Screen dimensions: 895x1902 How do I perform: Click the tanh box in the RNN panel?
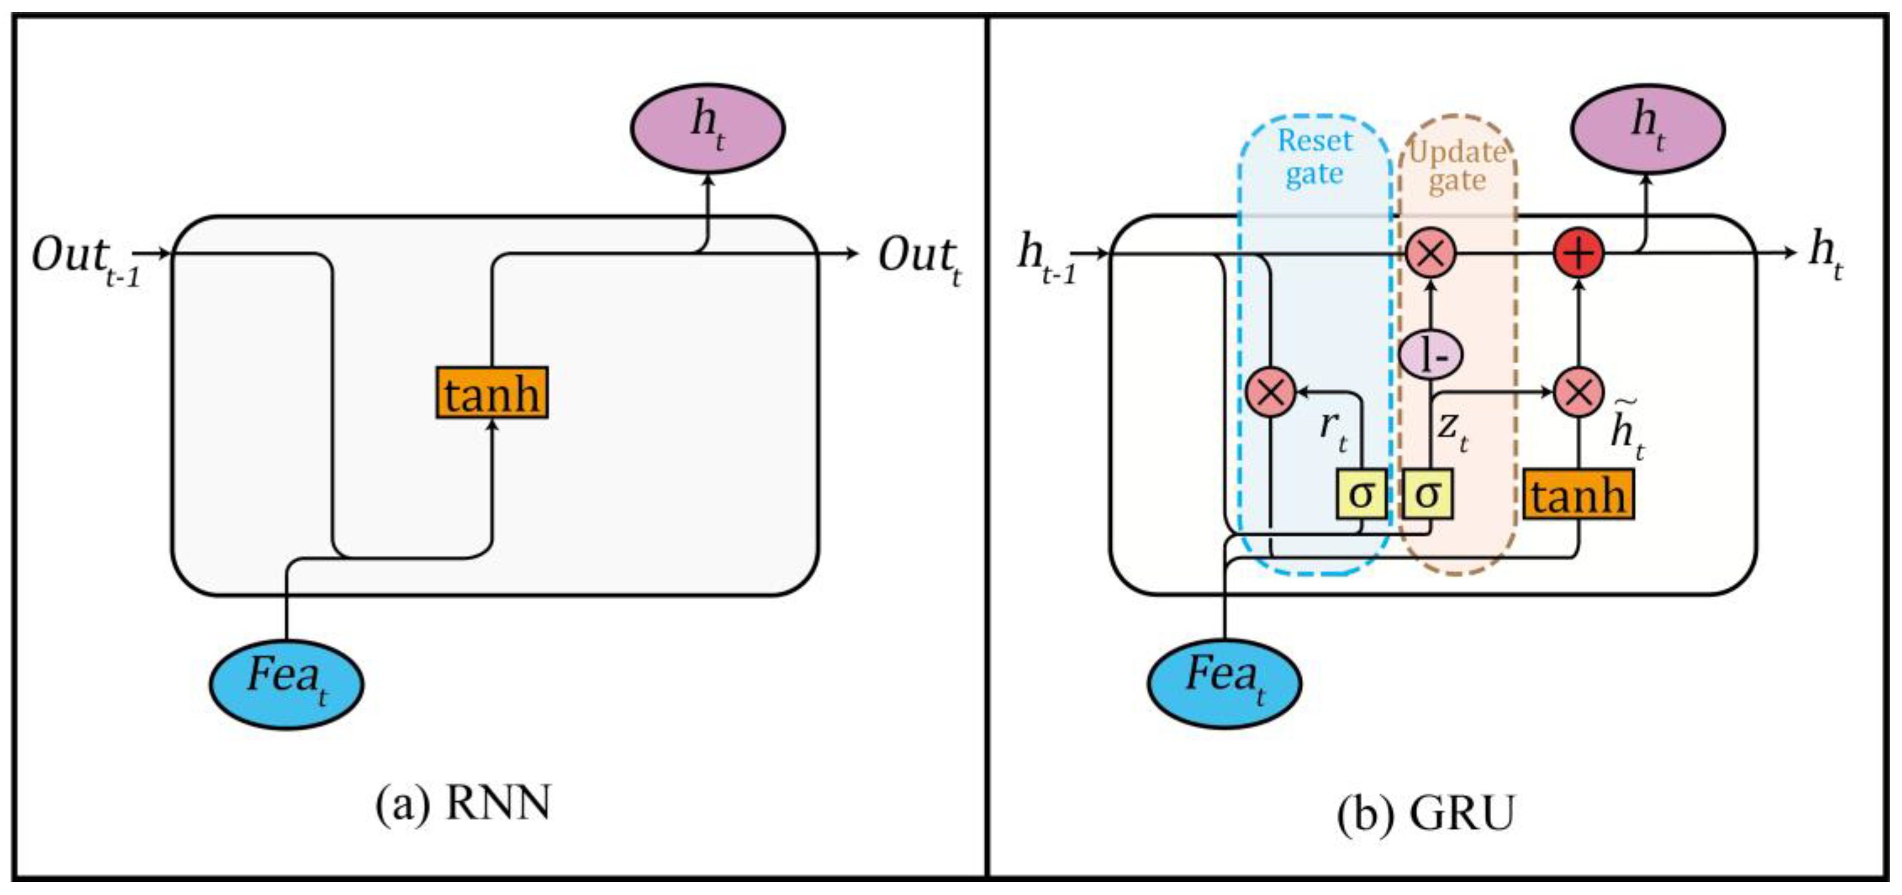pyautogui.click(x=491, y=393)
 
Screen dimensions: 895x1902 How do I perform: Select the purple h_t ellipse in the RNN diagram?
pyautogui.click(x=707, y=128)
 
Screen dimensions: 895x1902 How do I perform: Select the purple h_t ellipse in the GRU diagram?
pyautogui.click(x=1647, y=128)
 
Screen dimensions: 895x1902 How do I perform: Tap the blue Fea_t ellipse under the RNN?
pyautogui.click(x=286, y=683)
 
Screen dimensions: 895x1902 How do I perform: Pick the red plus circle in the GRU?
pyautogui.click(x=1579, y=253)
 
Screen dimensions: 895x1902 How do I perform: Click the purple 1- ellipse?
pyautogui.click(x=1431, y=356)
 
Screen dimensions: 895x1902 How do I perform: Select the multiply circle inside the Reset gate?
pyautogui.click(x=1270, y=392)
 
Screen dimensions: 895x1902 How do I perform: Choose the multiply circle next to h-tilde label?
pyautogui.click(x=1579, y=392)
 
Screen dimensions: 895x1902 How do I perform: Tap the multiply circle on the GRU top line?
pyautogui.click(x=1430, y=253)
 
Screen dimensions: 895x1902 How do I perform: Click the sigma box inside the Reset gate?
pyautogui.click(x=1361, y=493)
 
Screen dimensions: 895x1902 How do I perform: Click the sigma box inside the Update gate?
pyautogui.click(x=1428, y=493)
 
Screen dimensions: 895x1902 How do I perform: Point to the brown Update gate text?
pyautogui.click(x=1457, y=166)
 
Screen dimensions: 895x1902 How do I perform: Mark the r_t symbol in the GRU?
pyautogui.click(x=1333, y=430)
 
